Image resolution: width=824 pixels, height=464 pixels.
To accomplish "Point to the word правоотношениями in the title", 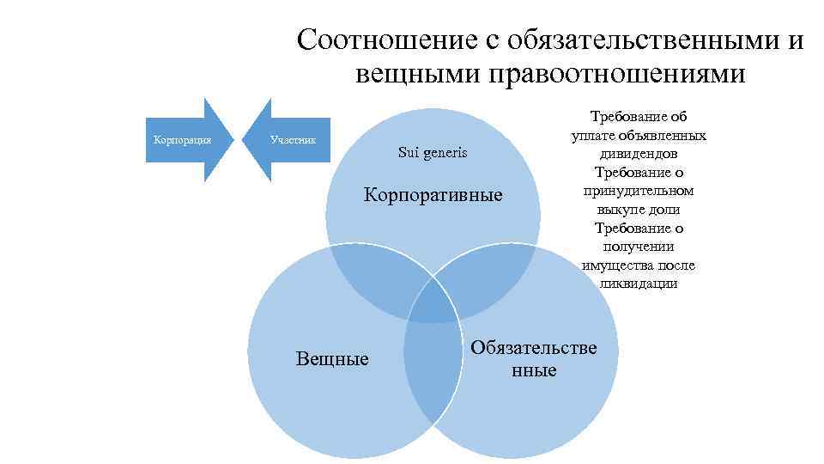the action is click(616, 76).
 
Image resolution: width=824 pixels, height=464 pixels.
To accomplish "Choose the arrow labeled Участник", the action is click(292, 139).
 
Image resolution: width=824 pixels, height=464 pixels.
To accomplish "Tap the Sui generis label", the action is click(433, 152).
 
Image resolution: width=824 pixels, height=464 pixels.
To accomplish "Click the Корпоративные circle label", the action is click(433, 194).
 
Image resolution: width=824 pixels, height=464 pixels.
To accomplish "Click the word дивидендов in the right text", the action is click(638, 154).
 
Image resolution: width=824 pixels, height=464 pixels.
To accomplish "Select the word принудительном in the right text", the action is click(638, 191).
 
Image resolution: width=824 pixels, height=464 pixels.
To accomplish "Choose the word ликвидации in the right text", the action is click(638, 283).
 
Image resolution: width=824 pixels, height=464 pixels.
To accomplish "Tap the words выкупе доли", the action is click(638, 209).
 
